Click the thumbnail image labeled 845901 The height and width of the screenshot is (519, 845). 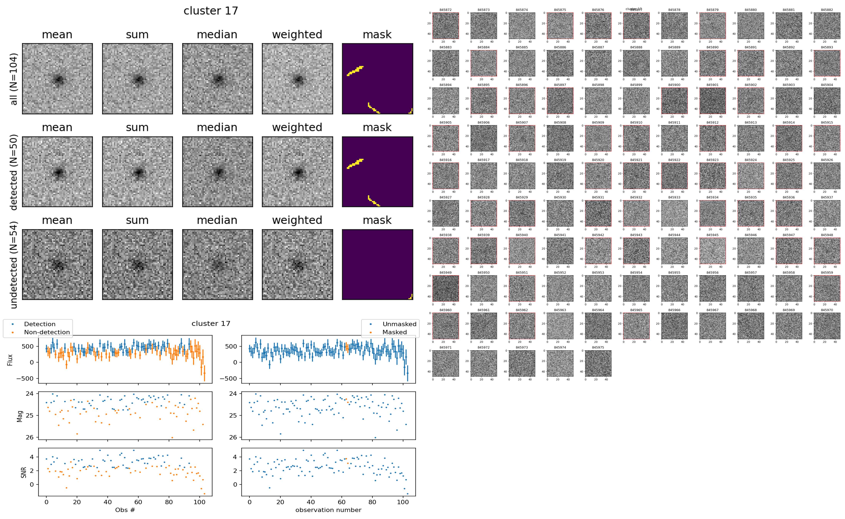pos(712,101)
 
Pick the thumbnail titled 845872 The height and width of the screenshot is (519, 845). pos(445,26)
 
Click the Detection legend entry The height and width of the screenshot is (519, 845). pos(40,324)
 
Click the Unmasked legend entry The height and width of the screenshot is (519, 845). pos(399,324)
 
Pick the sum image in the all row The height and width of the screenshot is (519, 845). pos(137,79)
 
